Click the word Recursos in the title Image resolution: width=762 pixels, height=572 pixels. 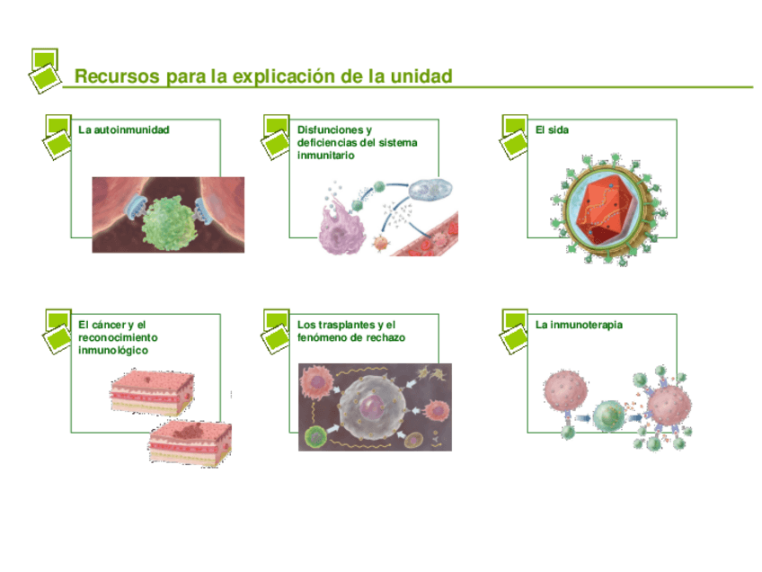point(116,76)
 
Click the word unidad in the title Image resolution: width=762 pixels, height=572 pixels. point(421,76)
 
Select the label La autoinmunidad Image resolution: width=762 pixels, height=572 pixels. point(124,130)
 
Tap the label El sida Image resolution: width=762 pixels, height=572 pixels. point(552,130)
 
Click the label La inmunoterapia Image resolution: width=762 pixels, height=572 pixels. point(579,325)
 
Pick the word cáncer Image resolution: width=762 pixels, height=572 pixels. point(108,325)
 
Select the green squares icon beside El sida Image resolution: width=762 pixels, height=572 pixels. point(514,135)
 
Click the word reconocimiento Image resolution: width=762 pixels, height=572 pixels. point(118,337)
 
